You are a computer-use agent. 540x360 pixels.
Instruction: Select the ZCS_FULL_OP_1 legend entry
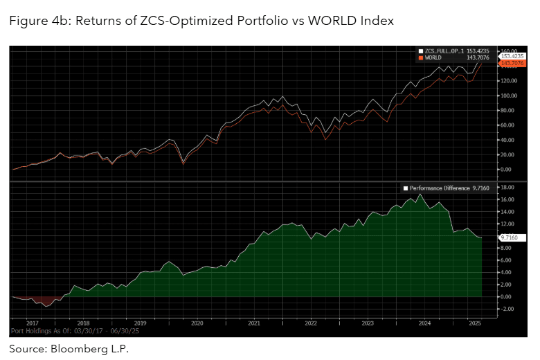[x=444, y=51]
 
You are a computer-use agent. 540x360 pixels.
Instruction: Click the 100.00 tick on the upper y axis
[x=509, y=95]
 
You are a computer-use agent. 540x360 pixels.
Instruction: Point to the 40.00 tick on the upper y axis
[x=508, y=139]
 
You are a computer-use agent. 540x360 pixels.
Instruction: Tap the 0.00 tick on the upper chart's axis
[x=507, y=169]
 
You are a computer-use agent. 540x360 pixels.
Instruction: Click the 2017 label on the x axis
[x=32, y=323]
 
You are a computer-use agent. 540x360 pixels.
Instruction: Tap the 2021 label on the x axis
[x=254, y=323]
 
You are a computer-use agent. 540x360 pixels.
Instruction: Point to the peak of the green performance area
[x=420, y=196]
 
